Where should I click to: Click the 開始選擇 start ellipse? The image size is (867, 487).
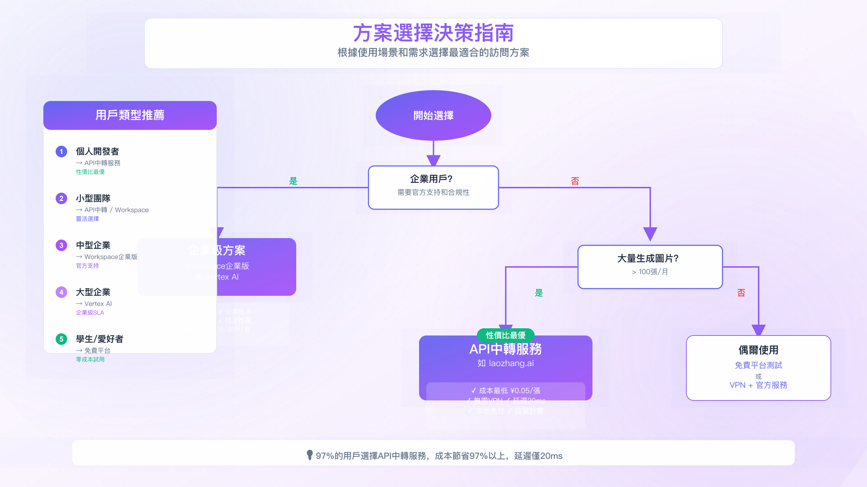[x=433, y=115]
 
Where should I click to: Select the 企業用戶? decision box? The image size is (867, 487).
[x=433, y=187]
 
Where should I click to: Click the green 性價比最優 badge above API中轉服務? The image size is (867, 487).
[x=505, y=335]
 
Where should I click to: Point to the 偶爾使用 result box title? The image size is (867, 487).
[x=758, y=350]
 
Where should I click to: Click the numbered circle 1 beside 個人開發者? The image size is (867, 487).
[x=61, y=152]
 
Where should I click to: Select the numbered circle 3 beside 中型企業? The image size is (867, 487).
[x=61, y=245]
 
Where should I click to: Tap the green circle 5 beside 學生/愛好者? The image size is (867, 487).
[x=61, y=339]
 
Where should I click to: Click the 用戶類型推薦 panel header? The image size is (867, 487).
[x=130, y=115]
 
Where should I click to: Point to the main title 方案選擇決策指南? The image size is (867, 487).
[x=433, y=33]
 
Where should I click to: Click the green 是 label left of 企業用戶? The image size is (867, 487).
[x=293, y=181]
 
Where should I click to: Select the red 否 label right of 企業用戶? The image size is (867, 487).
[x=575, y=181]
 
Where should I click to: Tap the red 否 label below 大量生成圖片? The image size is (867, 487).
[x=741, y=293]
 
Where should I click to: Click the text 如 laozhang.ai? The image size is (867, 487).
[x=505, y=363]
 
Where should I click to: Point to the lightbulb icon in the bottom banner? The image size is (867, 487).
[x=310, y=455]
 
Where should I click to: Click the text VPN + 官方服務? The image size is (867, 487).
[x=758, y=385]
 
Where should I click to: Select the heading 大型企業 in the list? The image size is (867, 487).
[x=93, y=292]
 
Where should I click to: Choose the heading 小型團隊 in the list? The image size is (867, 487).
[x=93, y=198]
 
